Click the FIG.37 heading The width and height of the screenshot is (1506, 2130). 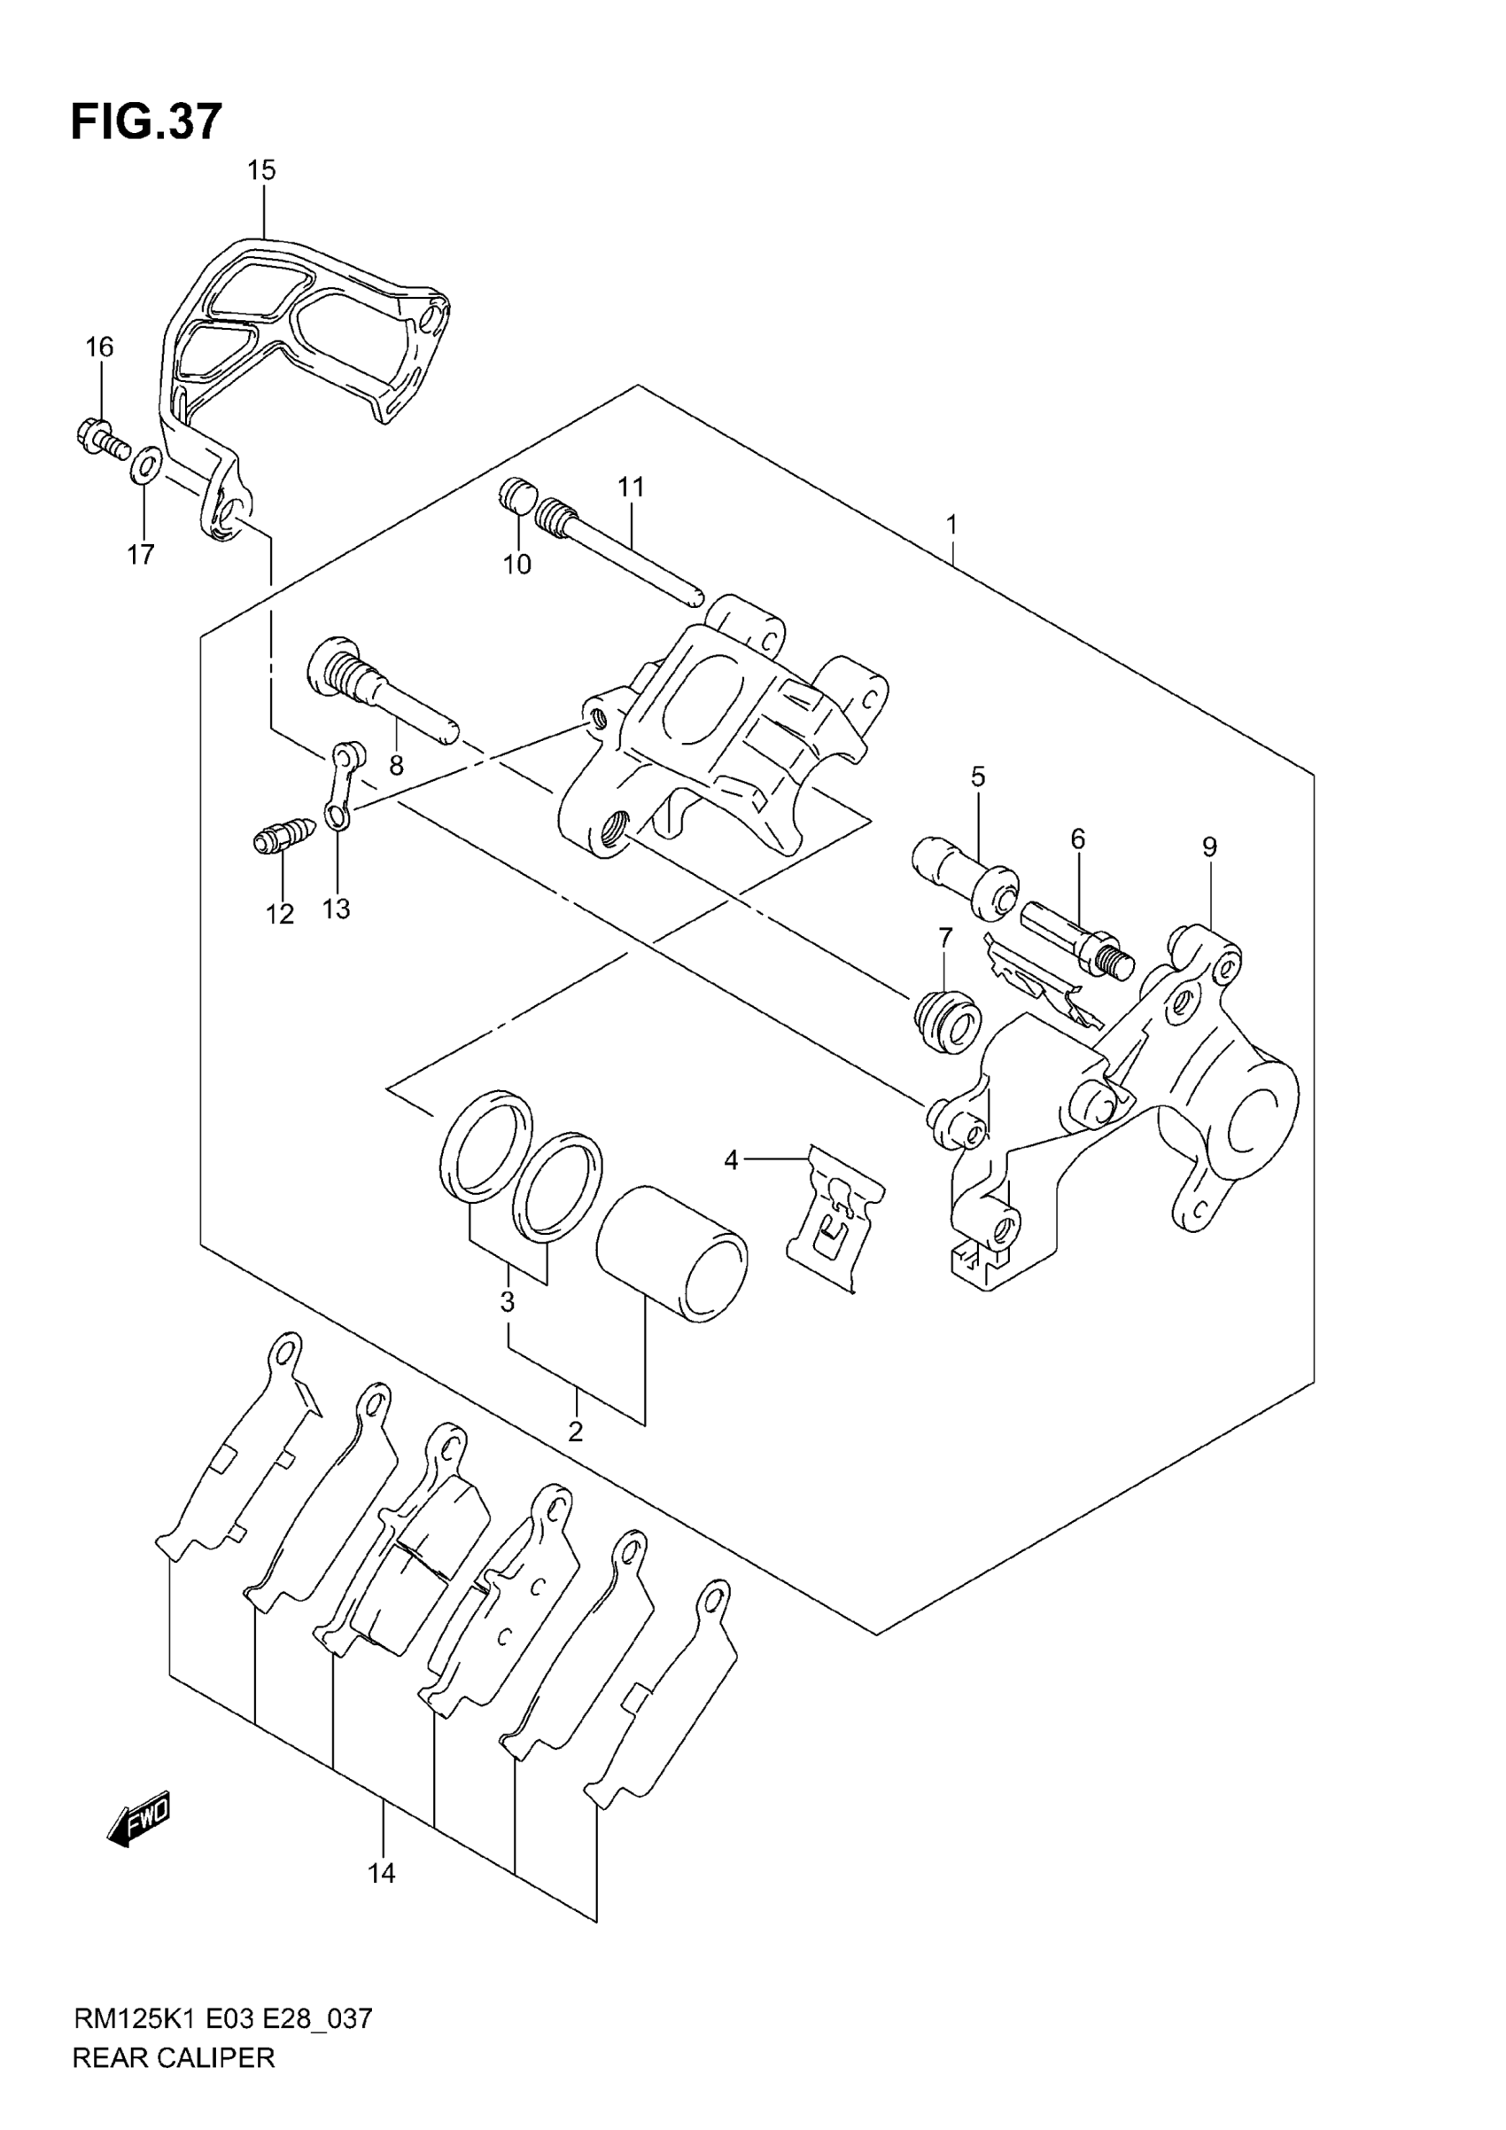[146, 121]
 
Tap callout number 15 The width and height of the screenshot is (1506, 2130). [261, 170]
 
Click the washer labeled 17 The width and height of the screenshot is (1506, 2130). [145, 464]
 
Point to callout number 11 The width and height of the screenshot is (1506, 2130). [631, 486]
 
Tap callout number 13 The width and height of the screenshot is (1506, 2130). [336, 909]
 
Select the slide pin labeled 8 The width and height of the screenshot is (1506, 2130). [380, 683]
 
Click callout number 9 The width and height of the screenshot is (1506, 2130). [1208, 847]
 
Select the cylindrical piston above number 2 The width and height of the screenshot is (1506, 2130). [671, 1253]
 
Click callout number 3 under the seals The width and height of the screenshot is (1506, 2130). [508, 1301]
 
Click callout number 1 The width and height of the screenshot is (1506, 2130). [951, 525]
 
